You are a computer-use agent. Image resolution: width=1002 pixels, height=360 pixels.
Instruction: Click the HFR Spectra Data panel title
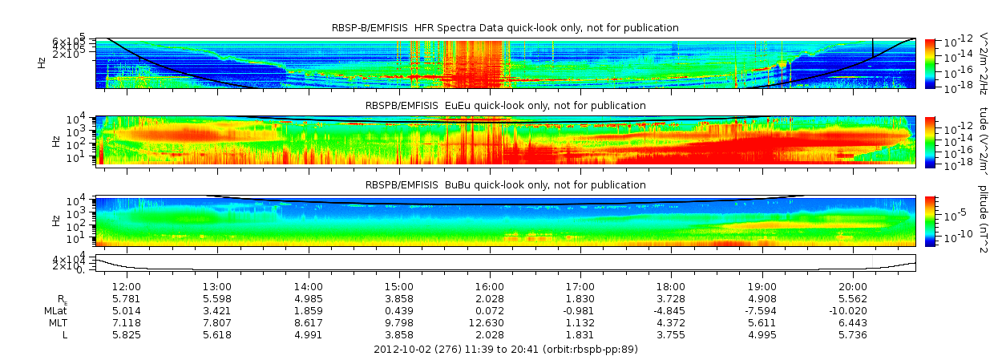click(505, 28)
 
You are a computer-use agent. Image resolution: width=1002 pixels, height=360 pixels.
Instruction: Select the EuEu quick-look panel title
click(505, 106)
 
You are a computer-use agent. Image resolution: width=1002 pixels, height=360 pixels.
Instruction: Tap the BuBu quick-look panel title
click(505, 185)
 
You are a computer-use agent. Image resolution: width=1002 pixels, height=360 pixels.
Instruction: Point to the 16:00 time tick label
click(490, 286)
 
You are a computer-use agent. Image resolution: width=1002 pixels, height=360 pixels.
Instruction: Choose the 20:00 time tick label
click(853, 286)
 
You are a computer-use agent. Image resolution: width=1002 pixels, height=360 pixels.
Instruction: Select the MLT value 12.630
click(490, 322)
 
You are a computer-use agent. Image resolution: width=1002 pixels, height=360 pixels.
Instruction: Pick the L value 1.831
click(580, 334)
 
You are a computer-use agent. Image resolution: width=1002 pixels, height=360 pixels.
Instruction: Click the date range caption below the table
click(505, 350)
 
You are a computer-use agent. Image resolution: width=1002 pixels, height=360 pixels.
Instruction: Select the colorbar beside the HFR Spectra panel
click(930, 63)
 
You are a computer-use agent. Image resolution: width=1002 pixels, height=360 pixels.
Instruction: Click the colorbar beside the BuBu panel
click(930, 220)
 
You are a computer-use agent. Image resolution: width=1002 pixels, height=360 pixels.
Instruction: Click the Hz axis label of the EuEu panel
click(55, 141)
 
